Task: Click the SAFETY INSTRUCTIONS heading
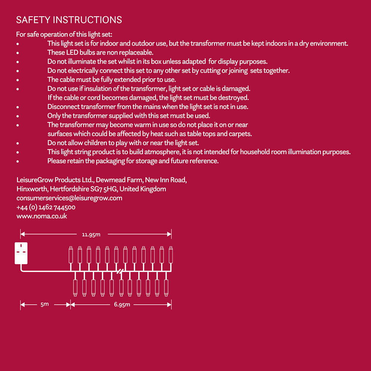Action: coord(69,20)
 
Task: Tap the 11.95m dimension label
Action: coord(91,234)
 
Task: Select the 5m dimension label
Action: coord(45,304)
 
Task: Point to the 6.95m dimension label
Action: coord(122,304)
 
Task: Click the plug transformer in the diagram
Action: coord(21,253)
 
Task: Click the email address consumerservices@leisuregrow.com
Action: coord(69,198)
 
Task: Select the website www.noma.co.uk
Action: coord(42,216)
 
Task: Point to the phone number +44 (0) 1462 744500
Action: coord(46,207)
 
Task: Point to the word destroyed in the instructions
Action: coord(234,98)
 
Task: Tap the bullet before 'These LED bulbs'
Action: coord(18,53)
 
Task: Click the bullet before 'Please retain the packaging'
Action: coord(18,161)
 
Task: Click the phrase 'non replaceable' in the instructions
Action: coord(132,53)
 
